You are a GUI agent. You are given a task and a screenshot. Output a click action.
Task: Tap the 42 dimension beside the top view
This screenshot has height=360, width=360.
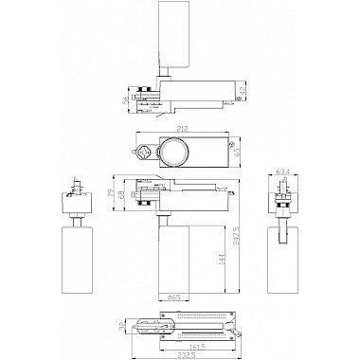244,91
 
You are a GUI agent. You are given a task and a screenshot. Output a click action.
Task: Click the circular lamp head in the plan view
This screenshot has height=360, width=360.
174,152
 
